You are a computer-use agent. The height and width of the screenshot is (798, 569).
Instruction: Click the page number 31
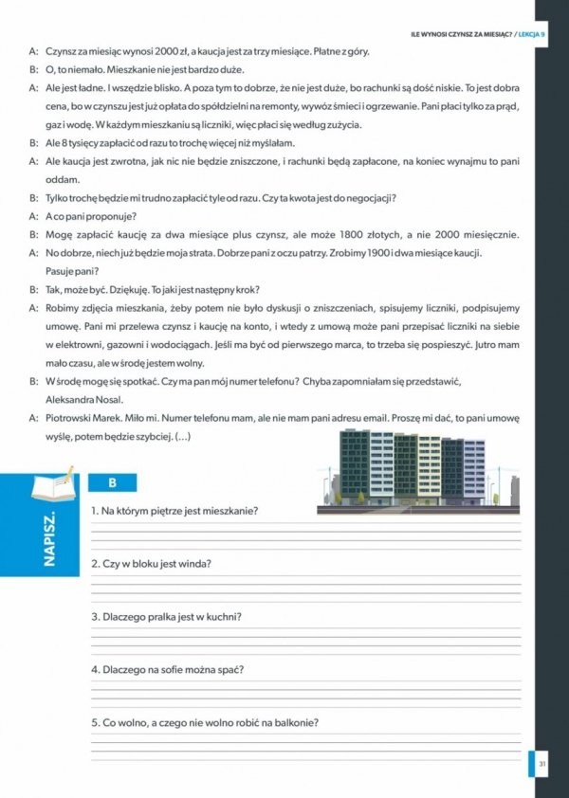tap(541, 763)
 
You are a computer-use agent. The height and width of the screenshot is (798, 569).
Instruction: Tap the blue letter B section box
tap(112, 482)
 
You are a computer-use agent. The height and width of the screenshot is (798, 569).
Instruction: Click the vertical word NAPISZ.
tap(50, 540)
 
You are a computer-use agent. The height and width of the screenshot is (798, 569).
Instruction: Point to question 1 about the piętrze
tap(174, 511)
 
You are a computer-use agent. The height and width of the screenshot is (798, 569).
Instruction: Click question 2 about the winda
tap(151, 564)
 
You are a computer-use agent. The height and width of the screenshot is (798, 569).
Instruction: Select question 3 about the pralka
tap(166, 617)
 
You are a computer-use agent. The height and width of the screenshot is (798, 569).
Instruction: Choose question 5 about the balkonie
tap(204, 722)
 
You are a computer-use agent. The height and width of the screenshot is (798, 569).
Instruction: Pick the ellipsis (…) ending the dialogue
tap(184, 436)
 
